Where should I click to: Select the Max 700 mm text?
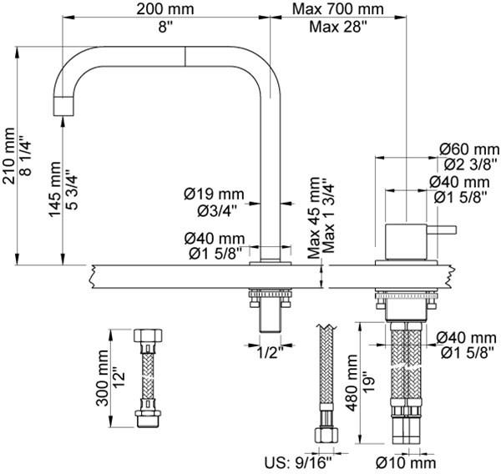[x=338, y=9]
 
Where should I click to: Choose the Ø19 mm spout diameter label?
[x=215, y=193]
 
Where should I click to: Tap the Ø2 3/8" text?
[x=464, y=164]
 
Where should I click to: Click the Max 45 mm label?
[x=313, y=219]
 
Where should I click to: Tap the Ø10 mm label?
[x=407, y=461]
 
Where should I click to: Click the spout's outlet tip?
[x=63, y=107]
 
